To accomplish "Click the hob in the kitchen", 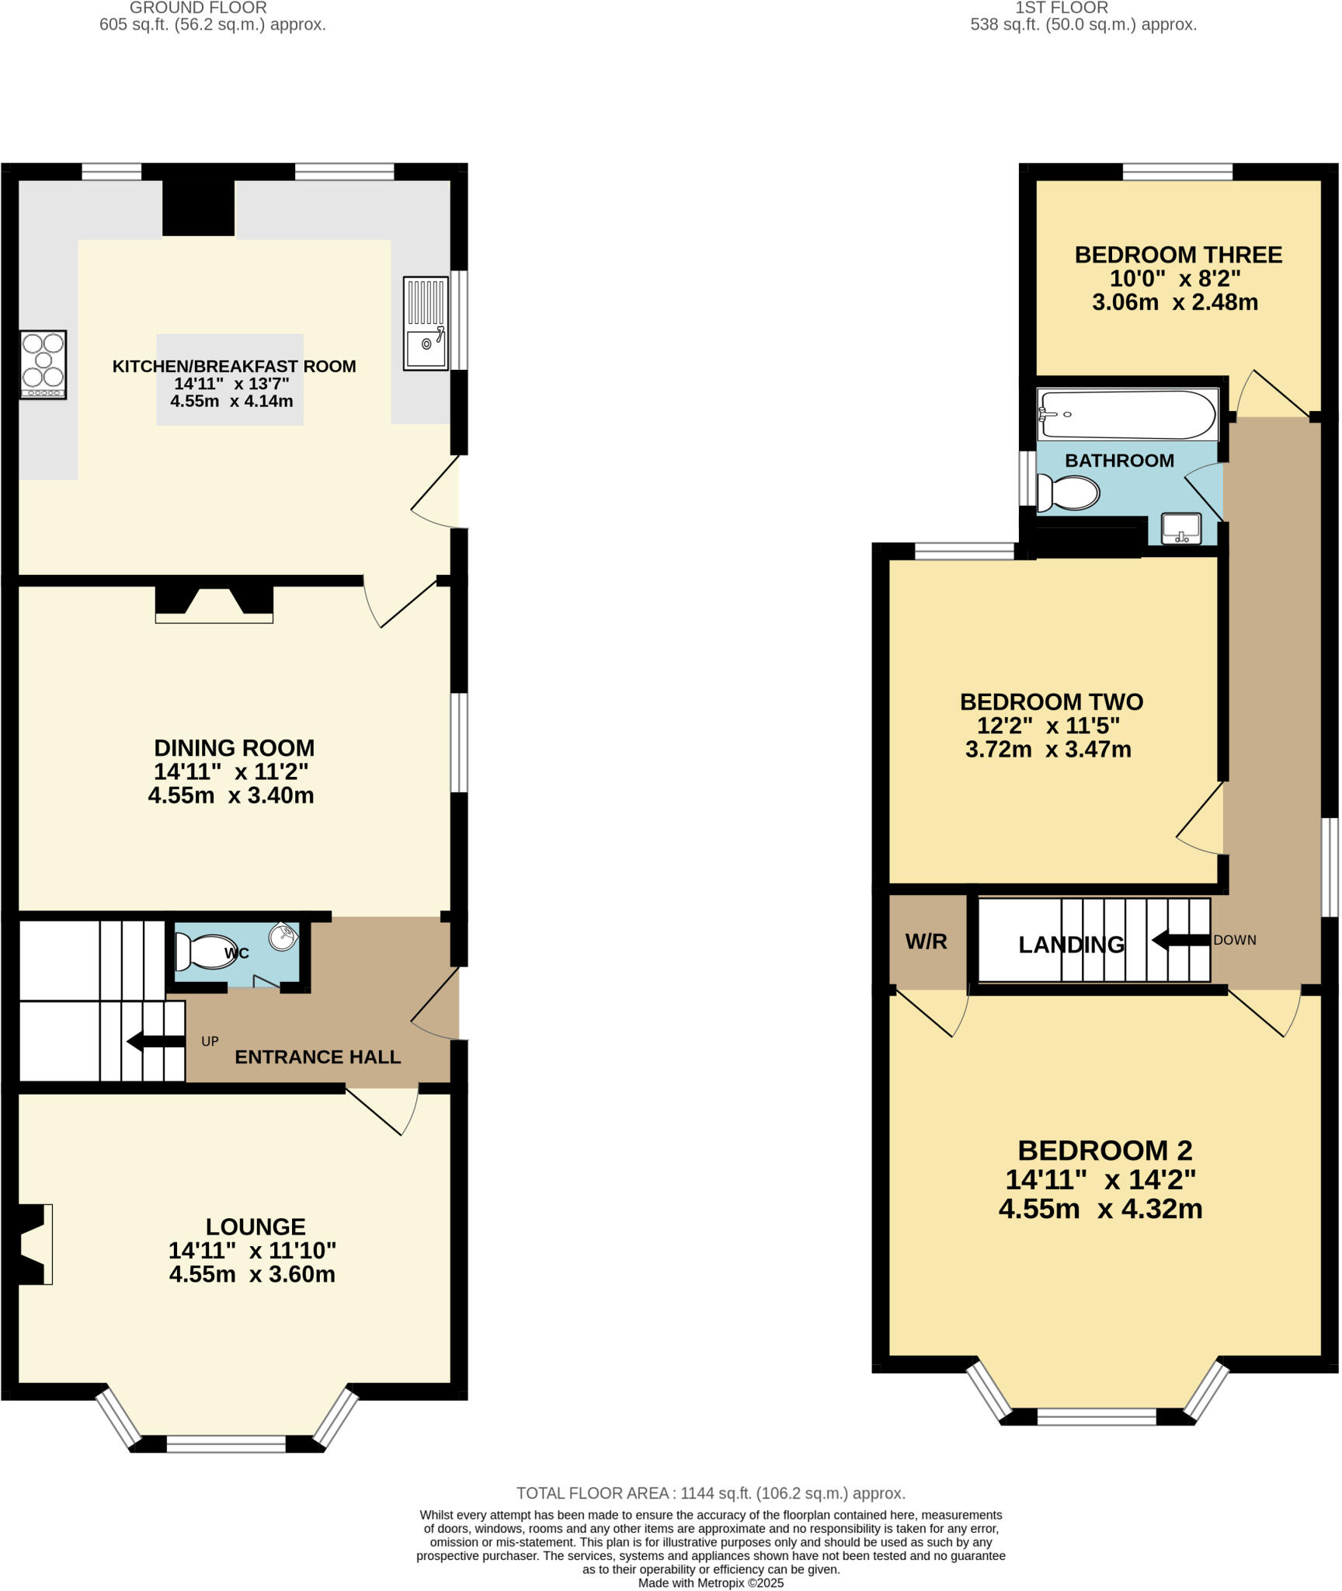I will [x=43, y=364].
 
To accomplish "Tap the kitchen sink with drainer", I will [x=426, y=323].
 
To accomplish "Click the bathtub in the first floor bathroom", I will [x=1128, y=414].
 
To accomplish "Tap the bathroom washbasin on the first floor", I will [x=1180, y=528].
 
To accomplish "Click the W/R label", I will [x=927, y=942].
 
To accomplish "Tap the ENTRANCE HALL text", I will [x=318, y=1057].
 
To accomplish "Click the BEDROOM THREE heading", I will [x=1177, y=255].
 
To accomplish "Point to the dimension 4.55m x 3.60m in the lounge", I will [x=252, y=1274].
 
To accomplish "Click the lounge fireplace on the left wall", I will [x=35, y=1244].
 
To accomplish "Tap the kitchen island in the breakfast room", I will [x=230, y=379].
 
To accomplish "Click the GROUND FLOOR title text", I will [x=198, y=8].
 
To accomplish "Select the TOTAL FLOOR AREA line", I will [x=711, y=1493].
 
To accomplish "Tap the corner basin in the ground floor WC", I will [x=283, y=936].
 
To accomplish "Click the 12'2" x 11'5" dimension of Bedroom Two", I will [x=1048, y=726].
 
